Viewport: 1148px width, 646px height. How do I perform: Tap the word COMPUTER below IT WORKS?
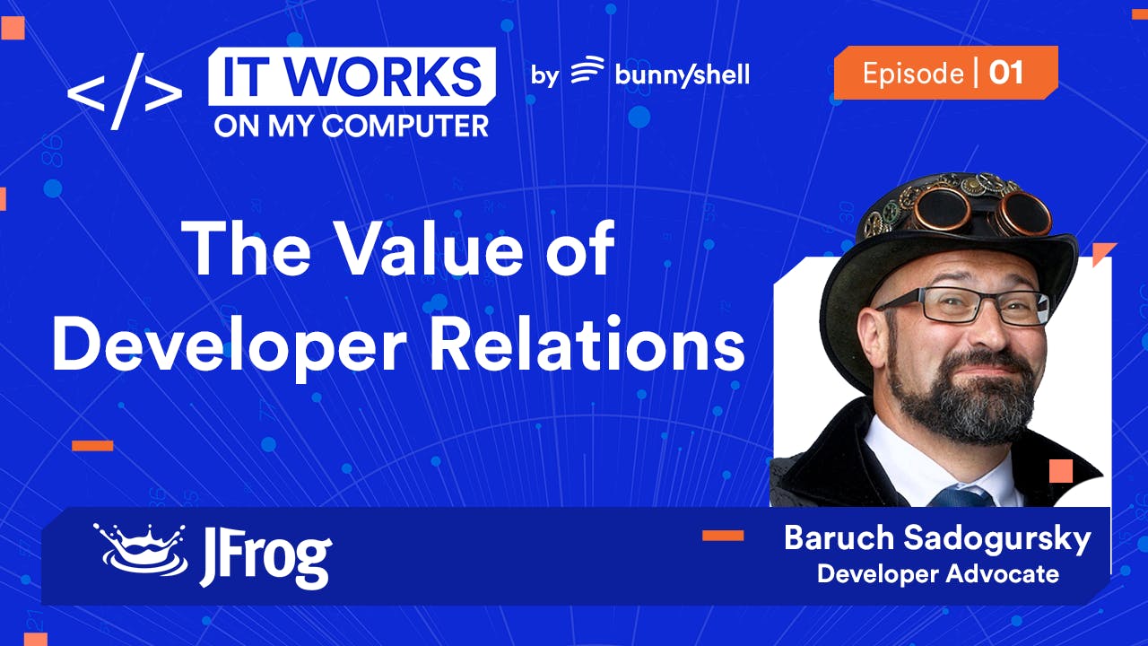coord(405,126)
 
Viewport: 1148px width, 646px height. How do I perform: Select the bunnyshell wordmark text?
coord(682,74)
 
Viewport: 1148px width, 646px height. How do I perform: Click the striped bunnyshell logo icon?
coord(587,71)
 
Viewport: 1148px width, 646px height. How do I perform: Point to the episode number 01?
coord(1006,73)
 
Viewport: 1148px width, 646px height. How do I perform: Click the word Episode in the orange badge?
coord(913,73)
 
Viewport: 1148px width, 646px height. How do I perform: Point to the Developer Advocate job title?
coord(938,573)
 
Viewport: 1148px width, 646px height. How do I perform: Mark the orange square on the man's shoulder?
coord(1061,471)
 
